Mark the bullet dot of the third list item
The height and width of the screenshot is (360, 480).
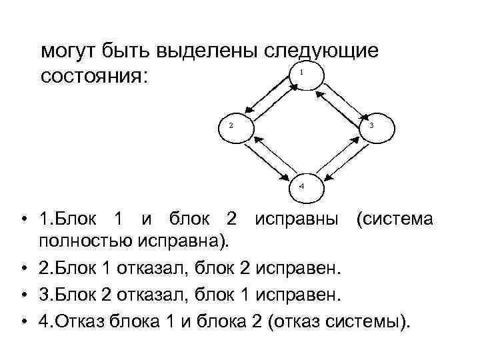click(x=23, y=295)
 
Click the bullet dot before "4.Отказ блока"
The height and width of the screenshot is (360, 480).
click(x=23, y=322)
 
